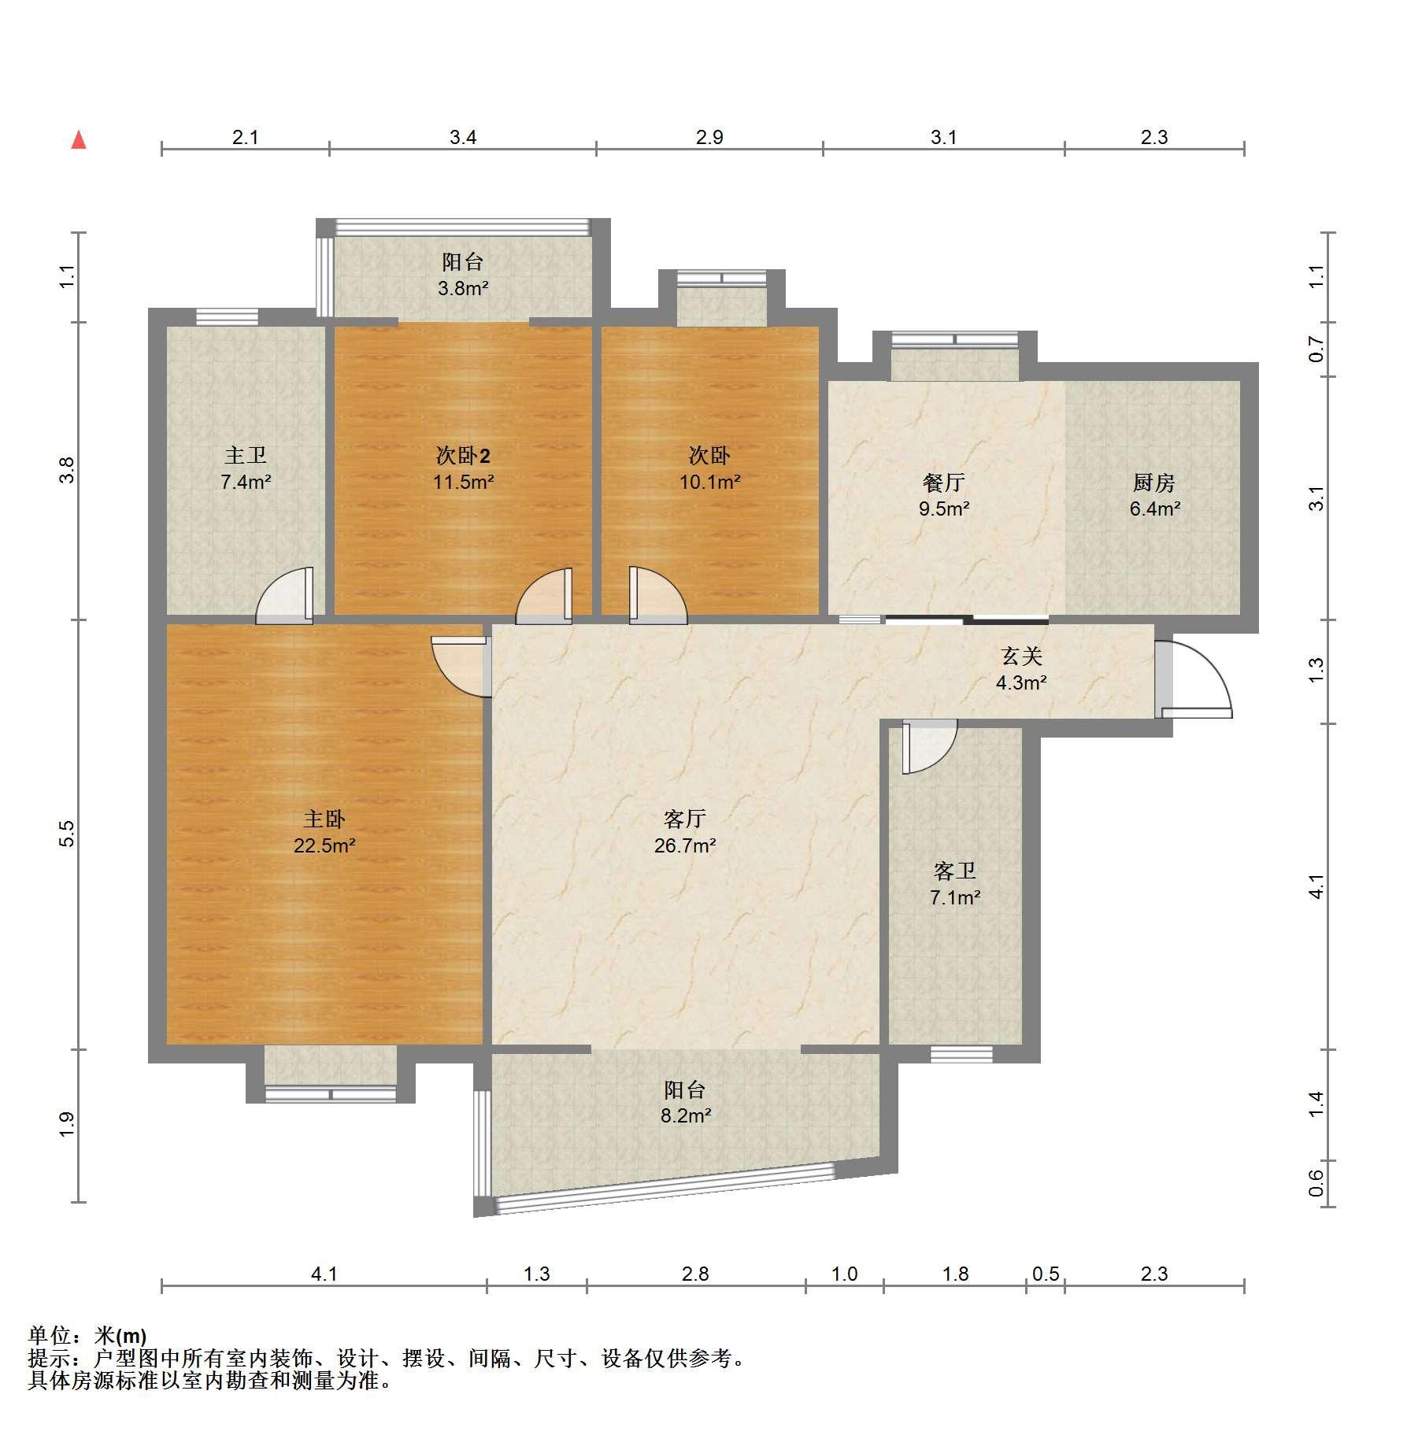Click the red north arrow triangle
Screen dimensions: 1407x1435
click(79, 140)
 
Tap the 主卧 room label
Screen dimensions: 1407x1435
click(324, 819)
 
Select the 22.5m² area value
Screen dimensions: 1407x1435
click(324, 846)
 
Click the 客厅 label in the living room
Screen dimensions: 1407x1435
click(684, 819)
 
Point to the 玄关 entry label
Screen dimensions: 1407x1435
click(1021, 656)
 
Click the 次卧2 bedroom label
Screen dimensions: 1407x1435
click(463, 455)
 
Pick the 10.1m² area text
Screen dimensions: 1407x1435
click(709, 482)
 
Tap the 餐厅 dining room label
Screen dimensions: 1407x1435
click(943, 482)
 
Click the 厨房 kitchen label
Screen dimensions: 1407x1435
click(1154, 482)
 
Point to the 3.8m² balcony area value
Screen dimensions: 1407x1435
click(463, 288)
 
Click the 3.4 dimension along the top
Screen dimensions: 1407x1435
click(463, 138)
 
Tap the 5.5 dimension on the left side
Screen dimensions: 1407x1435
click(67, 834)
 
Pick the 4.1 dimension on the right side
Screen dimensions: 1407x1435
click(1316, 887)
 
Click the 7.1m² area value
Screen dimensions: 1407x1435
click(955, 897)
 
